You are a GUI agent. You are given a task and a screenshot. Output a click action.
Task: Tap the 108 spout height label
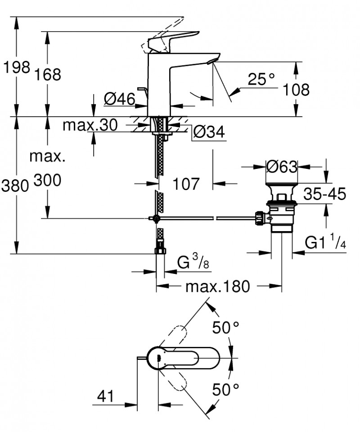tap(296, 89)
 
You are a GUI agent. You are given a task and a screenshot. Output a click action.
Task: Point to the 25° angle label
tap(261, 80)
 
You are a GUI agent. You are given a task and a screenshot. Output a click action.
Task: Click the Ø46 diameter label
tap(119, 99)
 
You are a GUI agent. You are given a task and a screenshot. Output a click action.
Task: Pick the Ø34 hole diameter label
tap(208, 132)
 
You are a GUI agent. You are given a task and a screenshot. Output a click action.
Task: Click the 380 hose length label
tap(16, 185)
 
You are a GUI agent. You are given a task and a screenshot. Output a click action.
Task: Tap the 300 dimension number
tap(47, 182)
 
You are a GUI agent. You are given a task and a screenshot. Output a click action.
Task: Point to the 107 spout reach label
tap(185, 183)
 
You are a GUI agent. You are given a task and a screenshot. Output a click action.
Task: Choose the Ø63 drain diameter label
tap(282, 167)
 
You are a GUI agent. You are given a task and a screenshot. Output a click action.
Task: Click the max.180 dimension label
tap(219, 286)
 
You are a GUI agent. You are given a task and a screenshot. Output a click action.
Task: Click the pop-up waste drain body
tap(281, 214)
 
